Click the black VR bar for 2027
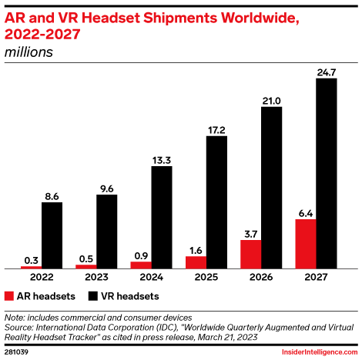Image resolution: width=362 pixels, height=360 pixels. (x=327, y=173)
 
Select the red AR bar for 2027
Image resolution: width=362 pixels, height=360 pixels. (x=306, y=244)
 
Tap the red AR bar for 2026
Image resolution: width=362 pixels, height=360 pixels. (x=250, y=254)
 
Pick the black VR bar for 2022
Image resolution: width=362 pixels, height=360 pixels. (x=52, y=235)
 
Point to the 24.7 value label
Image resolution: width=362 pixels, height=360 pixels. (x=327, y=72)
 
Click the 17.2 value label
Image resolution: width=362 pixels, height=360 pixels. (x=217, y=130)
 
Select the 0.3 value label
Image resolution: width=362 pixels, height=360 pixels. (x=31, y=259)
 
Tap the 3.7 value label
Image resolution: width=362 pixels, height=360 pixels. (x=250, y=232)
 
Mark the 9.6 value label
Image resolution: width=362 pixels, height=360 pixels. (x=107, y=188)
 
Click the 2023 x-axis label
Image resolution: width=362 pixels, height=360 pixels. (x=96, y=277)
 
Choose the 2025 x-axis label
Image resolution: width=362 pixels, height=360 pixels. (x=206, y=277)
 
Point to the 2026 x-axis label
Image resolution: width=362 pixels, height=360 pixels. (x=261, y=277)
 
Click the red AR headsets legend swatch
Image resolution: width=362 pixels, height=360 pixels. (x=9, y=295)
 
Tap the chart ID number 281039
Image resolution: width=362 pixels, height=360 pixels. (x=18, y=352)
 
